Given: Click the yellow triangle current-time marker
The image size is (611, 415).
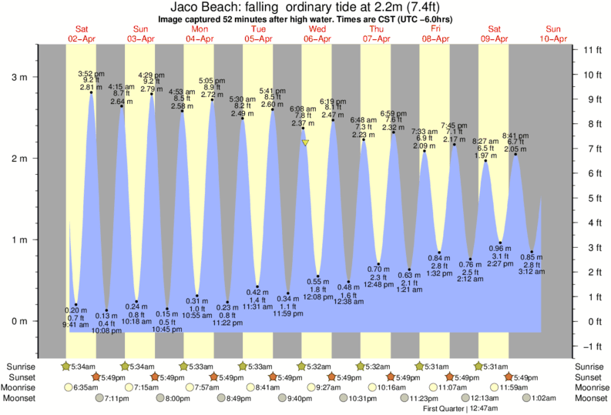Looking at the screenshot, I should tap(306, 142).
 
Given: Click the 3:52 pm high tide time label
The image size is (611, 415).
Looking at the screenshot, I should tap(91, 74).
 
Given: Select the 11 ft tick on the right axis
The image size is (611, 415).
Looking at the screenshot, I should tap(592, 50).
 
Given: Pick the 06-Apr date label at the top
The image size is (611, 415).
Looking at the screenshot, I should tap(318, 38).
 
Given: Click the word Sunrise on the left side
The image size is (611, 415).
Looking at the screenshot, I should tap(22, 366).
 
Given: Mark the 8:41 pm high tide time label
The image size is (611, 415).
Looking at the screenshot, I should tap(515, 136).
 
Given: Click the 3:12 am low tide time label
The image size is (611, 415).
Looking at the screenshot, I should tap(532, 272).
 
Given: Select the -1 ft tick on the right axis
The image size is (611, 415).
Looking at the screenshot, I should tap(592, 346).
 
